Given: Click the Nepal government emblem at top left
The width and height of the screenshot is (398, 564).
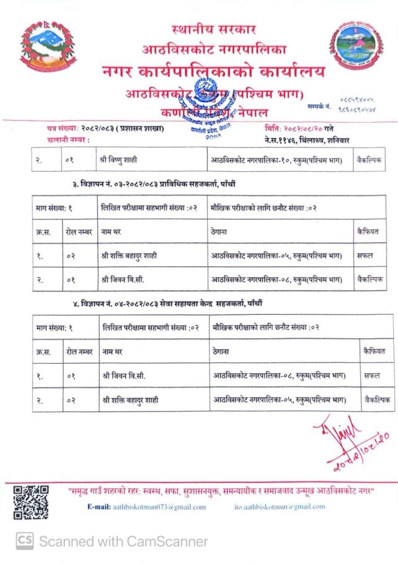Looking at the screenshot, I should (x=40, y=48).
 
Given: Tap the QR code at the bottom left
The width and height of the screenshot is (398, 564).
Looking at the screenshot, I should (x=31, y=501).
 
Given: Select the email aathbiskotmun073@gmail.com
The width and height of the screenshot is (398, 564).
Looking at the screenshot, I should (x=160, y=507).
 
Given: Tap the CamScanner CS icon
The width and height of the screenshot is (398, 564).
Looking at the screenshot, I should (x=24, y=540).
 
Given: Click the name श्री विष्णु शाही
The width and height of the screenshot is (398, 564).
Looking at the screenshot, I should (x=118, y=159).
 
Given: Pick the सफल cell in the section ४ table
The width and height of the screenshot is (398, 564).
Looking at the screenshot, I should (x=372, y=376).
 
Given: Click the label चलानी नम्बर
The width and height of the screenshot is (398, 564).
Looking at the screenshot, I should (x=67, y=140).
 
